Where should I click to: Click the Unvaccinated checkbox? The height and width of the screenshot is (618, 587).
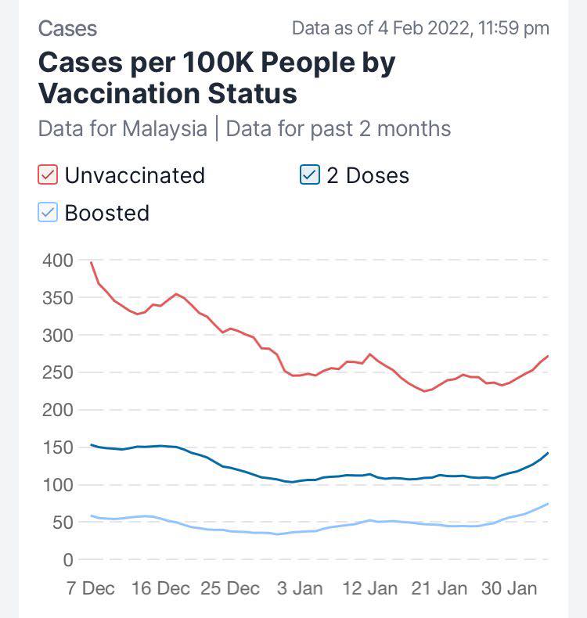[49, 174]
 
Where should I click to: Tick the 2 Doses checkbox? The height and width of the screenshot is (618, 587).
[310, 174]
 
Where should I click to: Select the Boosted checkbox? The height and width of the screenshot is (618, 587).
[49, 213]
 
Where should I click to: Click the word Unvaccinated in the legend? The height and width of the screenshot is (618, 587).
[135, 175]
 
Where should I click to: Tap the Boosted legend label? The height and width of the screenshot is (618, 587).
[107, 214]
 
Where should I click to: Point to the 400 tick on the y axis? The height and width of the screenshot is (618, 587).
[57, 260]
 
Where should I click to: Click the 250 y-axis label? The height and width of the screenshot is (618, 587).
[57, 373]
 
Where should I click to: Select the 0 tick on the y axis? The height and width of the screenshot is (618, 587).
[68, 560]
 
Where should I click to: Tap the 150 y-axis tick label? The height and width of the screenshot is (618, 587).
[57, 447]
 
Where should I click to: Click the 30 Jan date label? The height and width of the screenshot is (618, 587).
[510, 588]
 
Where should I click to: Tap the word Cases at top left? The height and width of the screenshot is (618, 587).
[67, 29]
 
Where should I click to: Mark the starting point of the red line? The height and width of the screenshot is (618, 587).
[91, 262]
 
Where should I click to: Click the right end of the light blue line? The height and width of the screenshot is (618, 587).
[548, 504]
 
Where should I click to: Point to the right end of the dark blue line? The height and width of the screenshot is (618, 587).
[548, 453]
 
